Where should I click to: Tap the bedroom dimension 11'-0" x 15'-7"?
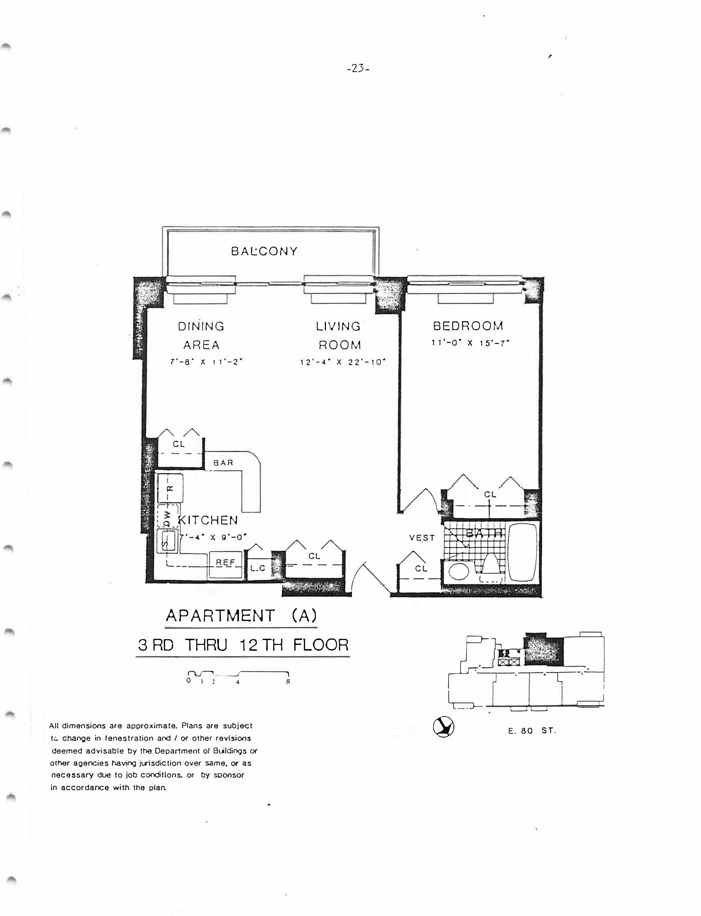(471, 343)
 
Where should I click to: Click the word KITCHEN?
(209, 520)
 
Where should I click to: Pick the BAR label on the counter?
(223, 463)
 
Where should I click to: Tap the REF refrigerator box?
(226, 563)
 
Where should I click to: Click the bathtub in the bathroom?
(523, 552)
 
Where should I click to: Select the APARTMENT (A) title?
(241, 615)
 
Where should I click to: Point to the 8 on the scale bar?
(288, 682)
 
